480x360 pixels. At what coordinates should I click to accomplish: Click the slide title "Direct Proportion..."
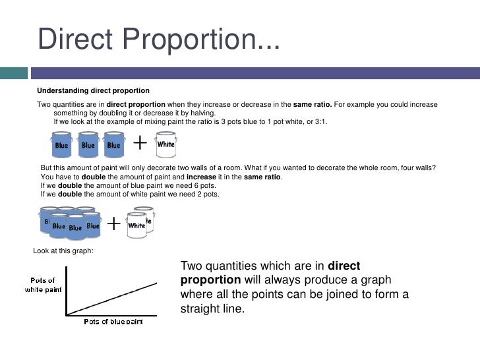(159, 40)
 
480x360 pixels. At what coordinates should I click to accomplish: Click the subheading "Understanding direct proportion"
(93, 90)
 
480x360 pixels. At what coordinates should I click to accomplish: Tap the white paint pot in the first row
(165, 144)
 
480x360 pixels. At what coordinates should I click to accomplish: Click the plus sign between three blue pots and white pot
(140, 142)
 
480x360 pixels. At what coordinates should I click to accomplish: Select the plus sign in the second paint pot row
(113, 224)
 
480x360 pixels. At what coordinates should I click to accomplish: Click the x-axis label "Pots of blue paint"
(113, 322)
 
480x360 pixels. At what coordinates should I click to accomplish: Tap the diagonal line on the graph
(113, 298)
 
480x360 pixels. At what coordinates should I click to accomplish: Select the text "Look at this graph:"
(63, 251)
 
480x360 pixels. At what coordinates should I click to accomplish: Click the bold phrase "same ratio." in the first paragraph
(313, 105)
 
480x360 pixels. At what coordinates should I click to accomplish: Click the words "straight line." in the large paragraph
(212, 309)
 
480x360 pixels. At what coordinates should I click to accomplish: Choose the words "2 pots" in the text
(206, 195)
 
